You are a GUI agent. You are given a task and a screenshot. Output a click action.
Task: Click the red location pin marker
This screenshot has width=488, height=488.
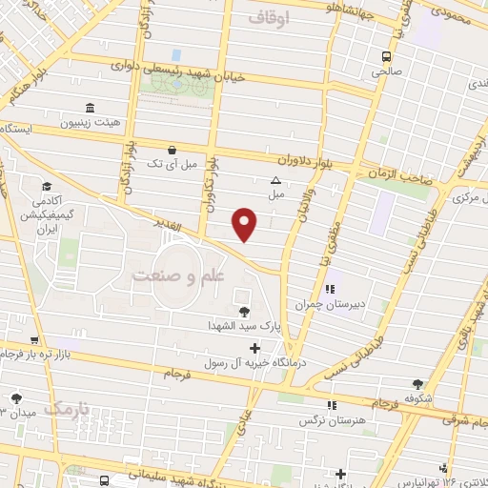click(245, 223)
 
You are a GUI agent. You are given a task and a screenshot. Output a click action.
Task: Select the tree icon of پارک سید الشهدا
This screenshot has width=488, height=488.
click(244, 311)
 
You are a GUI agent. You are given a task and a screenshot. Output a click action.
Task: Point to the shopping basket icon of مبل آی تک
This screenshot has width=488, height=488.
click(171, 150)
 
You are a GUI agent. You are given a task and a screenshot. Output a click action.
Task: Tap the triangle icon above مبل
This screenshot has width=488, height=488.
click(276, 180)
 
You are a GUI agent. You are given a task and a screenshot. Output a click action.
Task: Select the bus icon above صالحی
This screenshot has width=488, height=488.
click(386, 55)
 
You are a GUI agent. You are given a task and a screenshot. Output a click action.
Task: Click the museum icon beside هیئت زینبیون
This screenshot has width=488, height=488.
click(90, 107)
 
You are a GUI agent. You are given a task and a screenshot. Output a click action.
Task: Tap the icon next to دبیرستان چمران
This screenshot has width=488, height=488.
click(329, 290)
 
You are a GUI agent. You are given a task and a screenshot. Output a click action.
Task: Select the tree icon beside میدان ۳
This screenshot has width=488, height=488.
click(15, 398)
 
